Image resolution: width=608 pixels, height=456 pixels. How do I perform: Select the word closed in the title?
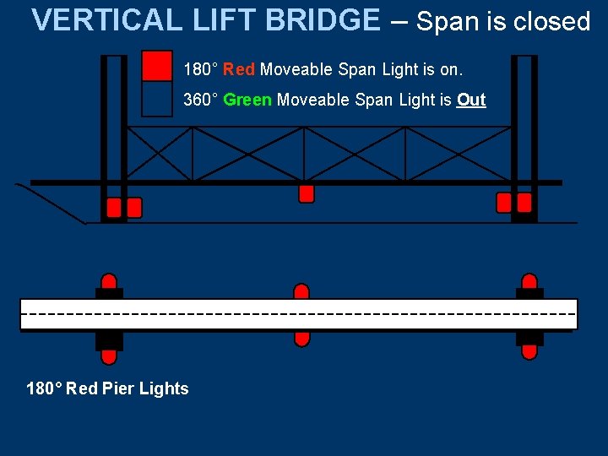point(551,22)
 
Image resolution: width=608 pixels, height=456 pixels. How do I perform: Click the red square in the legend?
point(157,66)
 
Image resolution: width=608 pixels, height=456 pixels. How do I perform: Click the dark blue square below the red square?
point(157,99)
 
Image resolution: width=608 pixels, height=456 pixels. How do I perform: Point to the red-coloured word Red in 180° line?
point(238,68)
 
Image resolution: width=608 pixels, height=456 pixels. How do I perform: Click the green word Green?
point(247,100)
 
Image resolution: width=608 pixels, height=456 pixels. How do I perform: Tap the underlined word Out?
point(471,100)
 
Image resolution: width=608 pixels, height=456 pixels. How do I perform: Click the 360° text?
point(202,100)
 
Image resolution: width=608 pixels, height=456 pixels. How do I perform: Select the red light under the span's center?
point(307,193)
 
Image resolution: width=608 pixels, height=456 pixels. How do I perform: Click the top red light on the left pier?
point(109,281)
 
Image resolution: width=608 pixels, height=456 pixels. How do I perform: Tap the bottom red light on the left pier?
point(109,356)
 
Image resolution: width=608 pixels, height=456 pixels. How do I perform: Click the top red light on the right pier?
point(529,281)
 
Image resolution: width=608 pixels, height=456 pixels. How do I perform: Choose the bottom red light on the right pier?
point(529,351)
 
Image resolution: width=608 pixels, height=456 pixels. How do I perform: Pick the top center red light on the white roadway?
point(301,291)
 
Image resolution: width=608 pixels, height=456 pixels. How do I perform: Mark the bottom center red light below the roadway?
point(301,338)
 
